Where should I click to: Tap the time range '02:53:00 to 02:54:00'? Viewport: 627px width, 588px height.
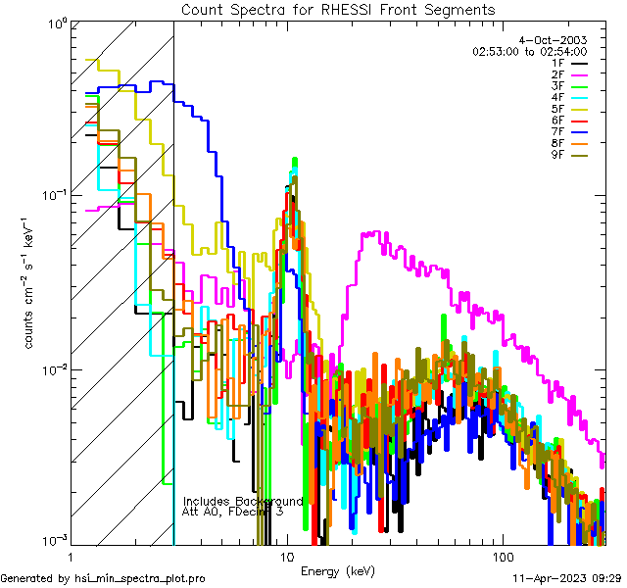click(x=529, y=51)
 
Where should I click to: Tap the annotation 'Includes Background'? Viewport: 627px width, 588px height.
click(x=243, y=501)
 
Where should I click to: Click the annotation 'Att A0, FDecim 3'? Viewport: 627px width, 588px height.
click(x=233, y=512)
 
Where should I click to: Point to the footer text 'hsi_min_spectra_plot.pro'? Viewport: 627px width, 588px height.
click(x=140, y=578)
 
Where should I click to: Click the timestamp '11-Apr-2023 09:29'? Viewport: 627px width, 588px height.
click(x=568, y=578)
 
